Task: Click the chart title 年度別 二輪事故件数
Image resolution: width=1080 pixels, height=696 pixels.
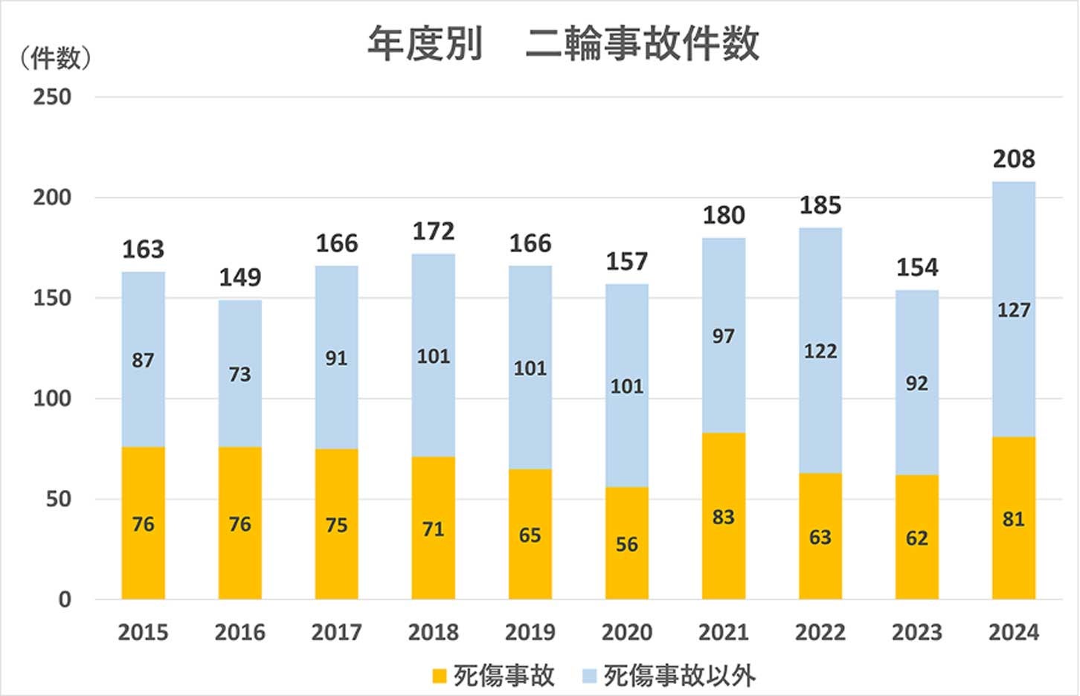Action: point(563,43)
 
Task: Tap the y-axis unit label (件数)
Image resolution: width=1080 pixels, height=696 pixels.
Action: point(56,58)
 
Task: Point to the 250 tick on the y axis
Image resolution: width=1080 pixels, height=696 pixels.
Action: point(52,97)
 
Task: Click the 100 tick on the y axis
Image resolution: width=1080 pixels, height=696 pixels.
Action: point(52,399)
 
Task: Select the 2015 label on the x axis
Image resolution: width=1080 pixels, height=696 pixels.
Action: point(144,632)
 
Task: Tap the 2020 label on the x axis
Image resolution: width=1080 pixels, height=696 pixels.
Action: point(626,632)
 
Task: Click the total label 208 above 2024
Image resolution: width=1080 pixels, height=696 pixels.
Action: point(1014,158)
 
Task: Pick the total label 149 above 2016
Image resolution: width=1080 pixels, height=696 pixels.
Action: point(240,277)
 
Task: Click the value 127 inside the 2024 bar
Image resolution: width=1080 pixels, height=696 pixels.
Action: point(1014,310)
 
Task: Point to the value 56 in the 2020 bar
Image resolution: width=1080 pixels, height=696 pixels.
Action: point(626,544)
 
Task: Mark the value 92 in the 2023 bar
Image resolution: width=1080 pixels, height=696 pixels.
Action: point(916,384)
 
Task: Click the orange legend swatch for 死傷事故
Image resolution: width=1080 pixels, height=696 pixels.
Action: point(440,676)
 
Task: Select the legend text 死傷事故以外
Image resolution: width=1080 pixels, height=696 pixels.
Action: point(679,676)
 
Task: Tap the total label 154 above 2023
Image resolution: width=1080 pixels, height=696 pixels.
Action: point(916,267)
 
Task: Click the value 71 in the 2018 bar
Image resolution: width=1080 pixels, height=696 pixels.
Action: point(433,529)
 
